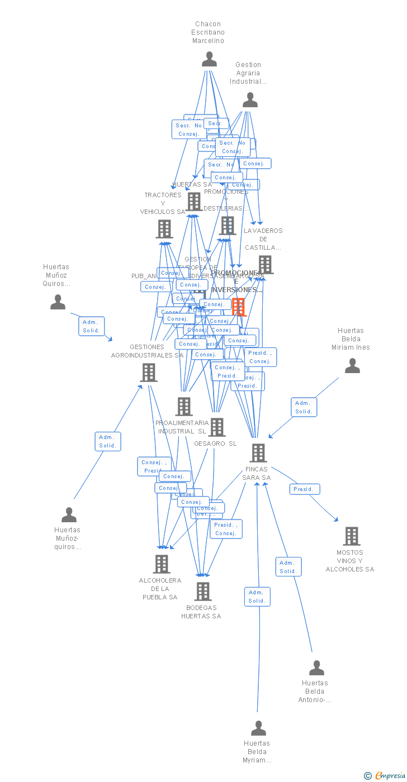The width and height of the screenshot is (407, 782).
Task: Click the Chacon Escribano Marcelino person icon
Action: point(209,59)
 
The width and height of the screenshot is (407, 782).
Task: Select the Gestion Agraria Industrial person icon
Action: point(250,100)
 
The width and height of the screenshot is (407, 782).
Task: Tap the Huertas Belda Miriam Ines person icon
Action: point(352,366)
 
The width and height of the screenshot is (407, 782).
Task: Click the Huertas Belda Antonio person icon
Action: point(316,668)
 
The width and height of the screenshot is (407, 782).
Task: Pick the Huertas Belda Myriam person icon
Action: point(258,728)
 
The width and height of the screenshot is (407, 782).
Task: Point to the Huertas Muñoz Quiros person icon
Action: point(58,302)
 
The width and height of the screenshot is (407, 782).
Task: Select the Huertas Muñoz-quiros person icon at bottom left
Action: point(69,514)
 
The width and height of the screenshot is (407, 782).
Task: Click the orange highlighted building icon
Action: point(239,307)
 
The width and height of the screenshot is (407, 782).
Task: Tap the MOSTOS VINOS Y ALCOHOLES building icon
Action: point(351,536)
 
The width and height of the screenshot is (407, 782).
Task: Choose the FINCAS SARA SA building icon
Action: point(258,453)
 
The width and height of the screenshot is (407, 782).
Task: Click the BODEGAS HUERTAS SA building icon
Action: point(202,591)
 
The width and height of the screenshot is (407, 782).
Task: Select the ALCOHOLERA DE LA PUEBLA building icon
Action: point(162,564)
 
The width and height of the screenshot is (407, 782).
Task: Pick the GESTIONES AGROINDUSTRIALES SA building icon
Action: point(149,373)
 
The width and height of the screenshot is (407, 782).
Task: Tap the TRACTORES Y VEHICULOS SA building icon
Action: point(164,229)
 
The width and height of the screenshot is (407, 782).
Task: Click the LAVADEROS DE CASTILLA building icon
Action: point(266,265)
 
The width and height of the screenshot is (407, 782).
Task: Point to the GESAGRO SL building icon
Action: point(217,427)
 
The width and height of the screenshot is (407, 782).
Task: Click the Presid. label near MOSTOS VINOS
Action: point(305,489)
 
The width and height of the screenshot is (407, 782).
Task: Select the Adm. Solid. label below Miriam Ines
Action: point(304,407)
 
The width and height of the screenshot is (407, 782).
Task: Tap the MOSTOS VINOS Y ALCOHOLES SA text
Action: point(350,561)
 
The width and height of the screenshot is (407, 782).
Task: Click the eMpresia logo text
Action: point(389,775)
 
